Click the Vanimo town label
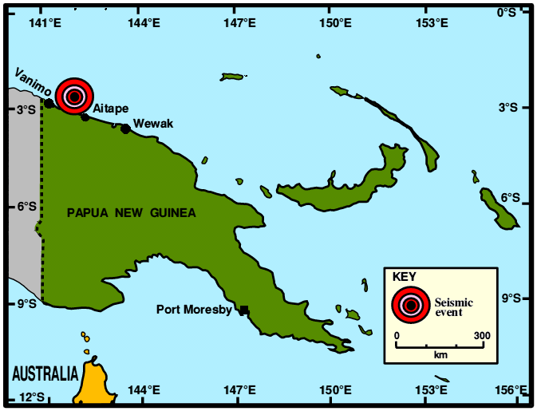point(34,82)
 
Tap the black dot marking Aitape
point(85,117)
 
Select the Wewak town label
point(152,124)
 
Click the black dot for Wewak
point(125,128)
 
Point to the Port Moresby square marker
point(244,310)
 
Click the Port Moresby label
point(194,310)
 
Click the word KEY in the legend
point(405,277)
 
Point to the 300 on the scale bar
point(482,335)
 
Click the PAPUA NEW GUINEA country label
point(132,213)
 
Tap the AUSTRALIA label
point(45,373)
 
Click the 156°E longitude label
point(511,390)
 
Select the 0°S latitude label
point(507,11)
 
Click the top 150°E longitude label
point(335,22)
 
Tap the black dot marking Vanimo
point(49,103)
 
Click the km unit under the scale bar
point(440,353)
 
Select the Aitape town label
point(111,109)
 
